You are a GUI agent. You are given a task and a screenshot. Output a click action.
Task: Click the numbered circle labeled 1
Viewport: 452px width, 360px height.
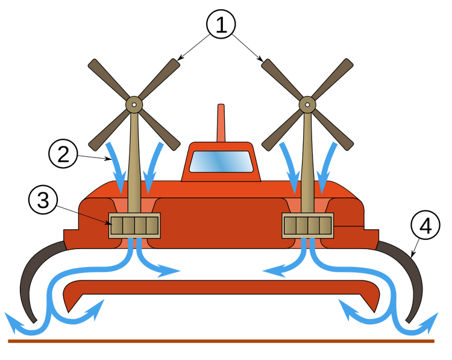pyautogui.click(x=221, y=25)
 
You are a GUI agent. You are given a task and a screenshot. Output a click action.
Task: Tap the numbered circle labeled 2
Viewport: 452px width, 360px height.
pyautogui.click(x=63, y=154)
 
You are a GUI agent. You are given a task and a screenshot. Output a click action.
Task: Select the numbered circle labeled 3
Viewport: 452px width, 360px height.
pyautogui.click(x=43, y=201)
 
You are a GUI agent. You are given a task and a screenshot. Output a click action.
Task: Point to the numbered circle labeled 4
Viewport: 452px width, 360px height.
pyautogui.click(x=425, y=226)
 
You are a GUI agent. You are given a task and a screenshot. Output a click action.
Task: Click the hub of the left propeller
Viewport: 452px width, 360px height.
pyautogui.click(x=134, y=104)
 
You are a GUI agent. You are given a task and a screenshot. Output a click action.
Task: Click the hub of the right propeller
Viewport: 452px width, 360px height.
pyautogui.click(x=307, y=104)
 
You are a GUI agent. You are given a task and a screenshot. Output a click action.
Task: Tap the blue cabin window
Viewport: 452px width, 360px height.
pyautogui.click(x=221, y=162)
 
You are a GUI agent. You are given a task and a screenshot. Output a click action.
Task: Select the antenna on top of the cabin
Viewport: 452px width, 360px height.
pyautogui.click(x=221, y=123)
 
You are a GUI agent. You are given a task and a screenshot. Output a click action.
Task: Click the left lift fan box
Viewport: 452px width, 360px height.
pyautogui.click(x=134, y=226)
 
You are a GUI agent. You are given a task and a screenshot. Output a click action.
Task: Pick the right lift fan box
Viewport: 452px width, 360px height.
pyautogui.click(x=307, y=226)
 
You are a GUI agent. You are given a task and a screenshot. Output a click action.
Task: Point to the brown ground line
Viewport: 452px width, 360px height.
pyautogui.click(x=221, y=341)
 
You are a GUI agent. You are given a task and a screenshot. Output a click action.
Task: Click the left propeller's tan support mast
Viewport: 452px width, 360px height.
pyautogui.click(x=134, y=163)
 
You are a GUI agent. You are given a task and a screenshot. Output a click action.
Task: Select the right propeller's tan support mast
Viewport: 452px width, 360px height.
pyautogui.click(x=307, y=163)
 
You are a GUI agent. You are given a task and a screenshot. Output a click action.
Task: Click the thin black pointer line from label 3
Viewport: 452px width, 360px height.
pyautogui.click(x=93, y=218)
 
